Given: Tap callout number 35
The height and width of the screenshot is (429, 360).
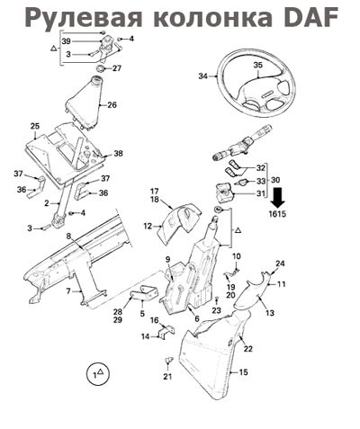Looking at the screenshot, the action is (x=257, y=65).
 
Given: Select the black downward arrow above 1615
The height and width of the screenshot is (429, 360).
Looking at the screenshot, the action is (x=278, y=198).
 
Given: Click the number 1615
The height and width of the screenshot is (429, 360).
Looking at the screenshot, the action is (x=277, y=214).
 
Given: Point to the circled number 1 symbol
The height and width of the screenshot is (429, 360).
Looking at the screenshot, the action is (x=98, y=374).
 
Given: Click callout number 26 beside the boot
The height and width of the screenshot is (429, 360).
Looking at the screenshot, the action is (x=112, y=105).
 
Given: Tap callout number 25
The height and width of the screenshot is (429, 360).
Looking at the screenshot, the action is (x=35, y=126).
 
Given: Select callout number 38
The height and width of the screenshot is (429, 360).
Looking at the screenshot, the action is (x=118, y=154).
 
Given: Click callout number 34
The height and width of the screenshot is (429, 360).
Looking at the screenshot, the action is (x=203, y=76).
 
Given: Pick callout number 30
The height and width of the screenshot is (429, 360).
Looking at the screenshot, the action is (x=275, y=180).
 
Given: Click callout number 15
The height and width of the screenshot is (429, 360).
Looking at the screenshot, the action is (x=244, y=372).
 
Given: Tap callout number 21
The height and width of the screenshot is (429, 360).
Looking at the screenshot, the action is (x=167, y=376).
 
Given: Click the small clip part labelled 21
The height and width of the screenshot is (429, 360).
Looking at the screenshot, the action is (x=169, y=359).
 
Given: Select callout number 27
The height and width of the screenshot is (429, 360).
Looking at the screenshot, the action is (x=117, y=68).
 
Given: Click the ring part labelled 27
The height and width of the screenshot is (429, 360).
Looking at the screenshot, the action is (x=101, y=68).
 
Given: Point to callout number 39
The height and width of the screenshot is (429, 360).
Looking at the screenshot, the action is (x=67, y=40).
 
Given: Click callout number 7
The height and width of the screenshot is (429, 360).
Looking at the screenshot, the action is (x=68, y=290).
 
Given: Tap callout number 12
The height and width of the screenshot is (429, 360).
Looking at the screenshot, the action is (x=148, y=226).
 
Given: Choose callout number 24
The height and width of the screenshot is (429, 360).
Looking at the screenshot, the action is (x=280, y=264).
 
